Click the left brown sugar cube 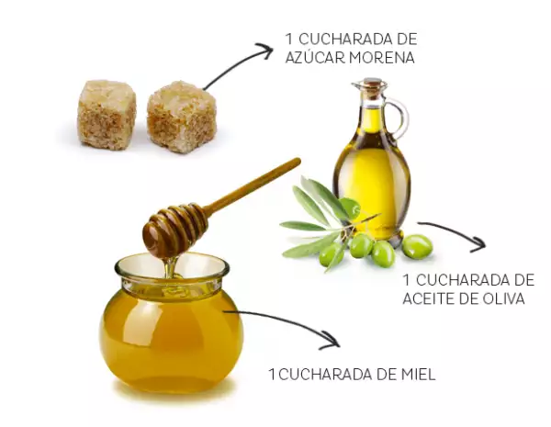pyautogui.click(x=107, y=115)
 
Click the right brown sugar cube pyautogui.click(x=181, y=117)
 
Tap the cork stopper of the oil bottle pyautogui.click(x=373, y=86)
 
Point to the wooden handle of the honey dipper pyautogui.click(x=252, y=185)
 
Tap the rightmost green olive pyautogui.click(x=417, y=247)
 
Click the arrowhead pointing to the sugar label pyautogui.click(x=265, y=51)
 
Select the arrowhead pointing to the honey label pyautogui.click(x=331, y=341)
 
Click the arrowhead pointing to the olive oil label pyautogui.click(x=478, y=244)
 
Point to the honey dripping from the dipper pyautogui.click(x=171, y=267)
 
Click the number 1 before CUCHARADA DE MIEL pyautogui.click(x=272, y=374)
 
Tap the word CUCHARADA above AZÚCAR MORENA pyautogui.click(x=340, y=39)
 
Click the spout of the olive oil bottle pyautogui.click(x=355, y=84)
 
